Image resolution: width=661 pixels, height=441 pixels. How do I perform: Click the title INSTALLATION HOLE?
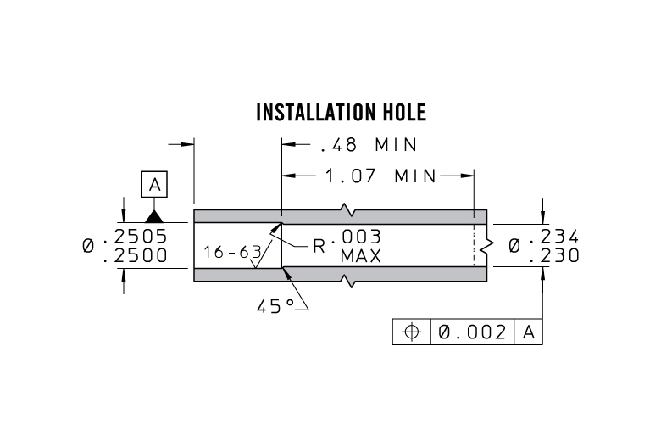click(x=341, y=113)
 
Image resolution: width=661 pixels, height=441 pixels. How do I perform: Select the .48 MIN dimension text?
click(x=369, y=145)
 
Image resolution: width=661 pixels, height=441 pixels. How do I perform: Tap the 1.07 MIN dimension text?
click(x=380, y=176)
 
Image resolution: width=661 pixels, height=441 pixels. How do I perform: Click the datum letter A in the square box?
click(x=154, y=184)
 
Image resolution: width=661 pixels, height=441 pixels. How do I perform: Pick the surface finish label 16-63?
click(x=232, y=252)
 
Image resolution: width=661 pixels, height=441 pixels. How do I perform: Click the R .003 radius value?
click(x=347, y=238)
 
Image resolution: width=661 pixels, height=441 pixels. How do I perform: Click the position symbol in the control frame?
click(x=412, y=332)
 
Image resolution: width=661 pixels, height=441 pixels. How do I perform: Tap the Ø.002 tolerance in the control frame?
click(x=473, y=332)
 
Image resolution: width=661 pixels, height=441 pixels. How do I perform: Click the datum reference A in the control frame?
click(x=528, y=332)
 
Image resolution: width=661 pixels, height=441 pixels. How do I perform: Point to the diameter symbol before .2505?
click(x=89, y=246)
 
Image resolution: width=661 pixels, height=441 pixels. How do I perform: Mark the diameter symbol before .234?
click(x=515, y=246)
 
